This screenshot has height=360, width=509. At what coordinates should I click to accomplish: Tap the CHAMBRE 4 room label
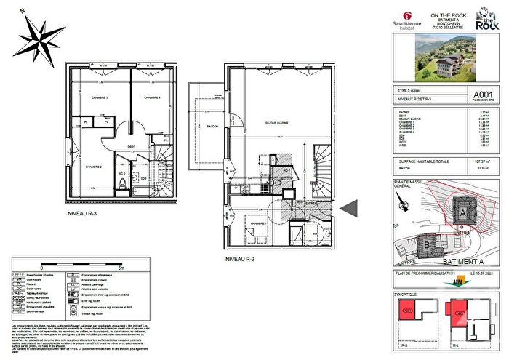pyautogui.click(x=151, y=97)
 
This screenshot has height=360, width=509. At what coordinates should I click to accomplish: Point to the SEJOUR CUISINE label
pyautogui.click(x=278, y=123)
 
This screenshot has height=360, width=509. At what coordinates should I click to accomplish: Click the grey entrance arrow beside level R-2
pyautogui.click(x=350, y=209)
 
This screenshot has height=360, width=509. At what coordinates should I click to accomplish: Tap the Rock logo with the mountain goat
pyautogui.click(x=485, y=20)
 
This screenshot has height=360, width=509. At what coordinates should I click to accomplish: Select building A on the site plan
pyautogui.click(x=463, y=213)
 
